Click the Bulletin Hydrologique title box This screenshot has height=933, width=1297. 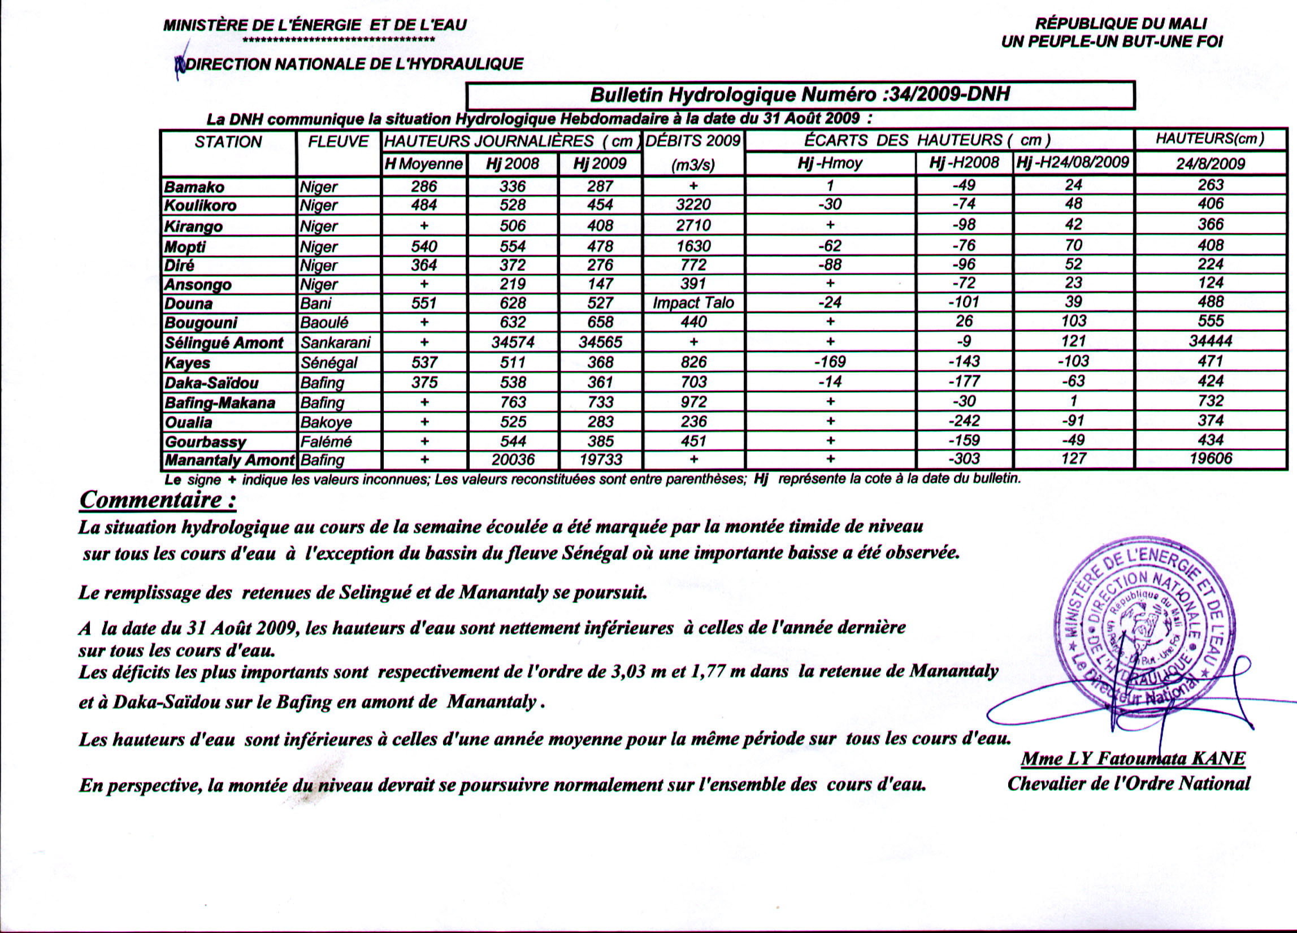click(800, 95)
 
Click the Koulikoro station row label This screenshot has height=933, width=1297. click(200, 206)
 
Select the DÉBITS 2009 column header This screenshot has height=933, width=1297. click(693, 141)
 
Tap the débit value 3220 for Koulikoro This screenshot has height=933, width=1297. click(693, 205)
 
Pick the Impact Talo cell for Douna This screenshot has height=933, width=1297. click(693, 303)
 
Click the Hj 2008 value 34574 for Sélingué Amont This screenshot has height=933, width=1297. click(513, 342)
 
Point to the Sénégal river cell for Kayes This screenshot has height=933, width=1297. click(329, 363)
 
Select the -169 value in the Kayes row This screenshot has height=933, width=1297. click(830, 362)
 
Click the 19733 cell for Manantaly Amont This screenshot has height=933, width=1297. click(600, 459)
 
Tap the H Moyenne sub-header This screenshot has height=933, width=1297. click(424, 164)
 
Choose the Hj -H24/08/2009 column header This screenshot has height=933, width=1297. click(1073, 162)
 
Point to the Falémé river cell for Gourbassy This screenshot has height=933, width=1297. click(327, 441)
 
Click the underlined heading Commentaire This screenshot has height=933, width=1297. click(158, 500)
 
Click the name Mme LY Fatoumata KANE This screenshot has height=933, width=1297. click(1133, 758)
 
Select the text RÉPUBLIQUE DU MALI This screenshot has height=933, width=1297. click(1120, 24)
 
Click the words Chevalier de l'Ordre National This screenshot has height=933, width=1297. click(1128, 783)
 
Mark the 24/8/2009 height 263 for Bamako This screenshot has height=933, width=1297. click(1210, 185)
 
